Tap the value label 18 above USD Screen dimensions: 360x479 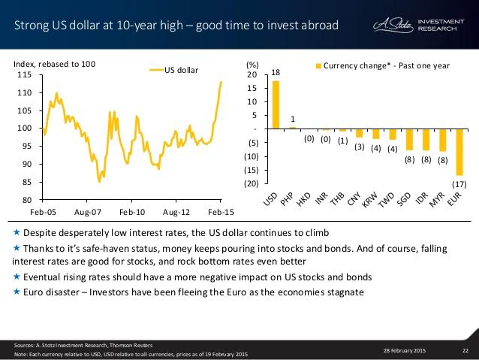point(276,72)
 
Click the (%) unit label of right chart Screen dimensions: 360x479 point(253,65)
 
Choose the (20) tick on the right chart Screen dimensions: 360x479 point(252,183)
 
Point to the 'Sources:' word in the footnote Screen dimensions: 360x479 point(23,343)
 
